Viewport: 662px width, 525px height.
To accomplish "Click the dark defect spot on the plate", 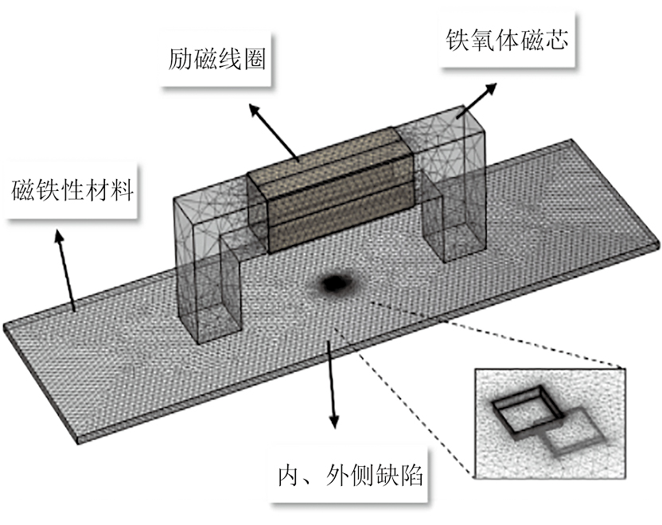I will [336, 281].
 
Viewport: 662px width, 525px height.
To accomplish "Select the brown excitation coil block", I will [334, 191].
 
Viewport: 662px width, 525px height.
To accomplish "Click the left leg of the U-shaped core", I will [208, 270].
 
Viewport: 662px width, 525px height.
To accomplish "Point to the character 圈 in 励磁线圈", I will [252, 60].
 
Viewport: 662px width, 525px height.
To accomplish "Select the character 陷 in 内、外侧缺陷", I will [414, 477].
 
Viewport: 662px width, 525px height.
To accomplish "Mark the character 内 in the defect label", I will [280, 477].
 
